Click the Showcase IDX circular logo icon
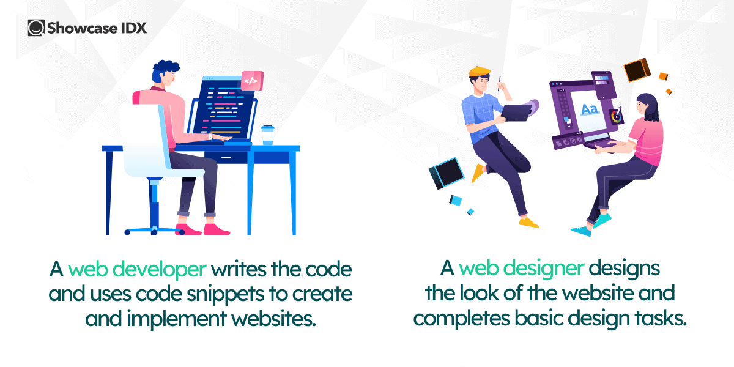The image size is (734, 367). coord(36,28)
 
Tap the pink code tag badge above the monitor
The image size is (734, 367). coord(251,80)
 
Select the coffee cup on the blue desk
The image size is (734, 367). coord(267,135)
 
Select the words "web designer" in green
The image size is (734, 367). coord(522,270)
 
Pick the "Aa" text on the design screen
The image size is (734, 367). coord(589,109)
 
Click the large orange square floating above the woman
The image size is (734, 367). coord(636,70)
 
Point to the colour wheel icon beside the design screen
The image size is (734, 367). coord(617,115)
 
